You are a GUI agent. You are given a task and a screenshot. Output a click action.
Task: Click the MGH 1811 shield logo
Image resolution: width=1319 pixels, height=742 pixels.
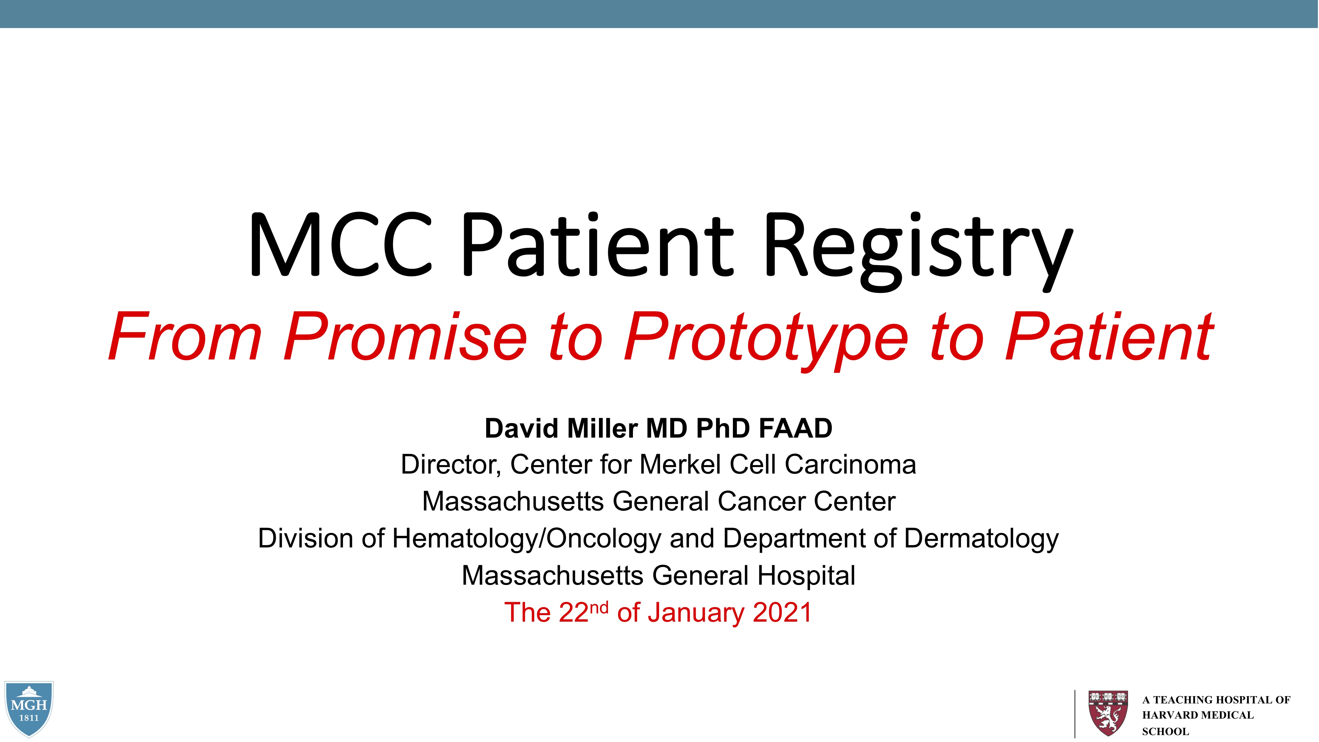[29, 708]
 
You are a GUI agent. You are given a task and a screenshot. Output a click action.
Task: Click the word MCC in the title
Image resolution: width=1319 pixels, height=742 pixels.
[340, 247]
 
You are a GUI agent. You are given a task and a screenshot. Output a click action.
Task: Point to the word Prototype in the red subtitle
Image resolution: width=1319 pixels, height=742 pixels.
[766, 338]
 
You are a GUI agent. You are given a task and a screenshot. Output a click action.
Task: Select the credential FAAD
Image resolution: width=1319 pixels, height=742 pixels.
[795, 428]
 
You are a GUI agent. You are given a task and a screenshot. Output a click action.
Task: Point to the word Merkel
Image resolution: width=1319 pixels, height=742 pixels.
[680, 464]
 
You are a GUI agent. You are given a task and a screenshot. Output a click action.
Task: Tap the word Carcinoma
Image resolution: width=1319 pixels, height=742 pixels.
[850, 464]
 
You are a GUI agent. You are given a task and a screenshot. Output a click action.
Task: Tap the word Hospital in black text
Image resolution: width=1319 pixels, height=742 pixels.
[806, 575]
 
